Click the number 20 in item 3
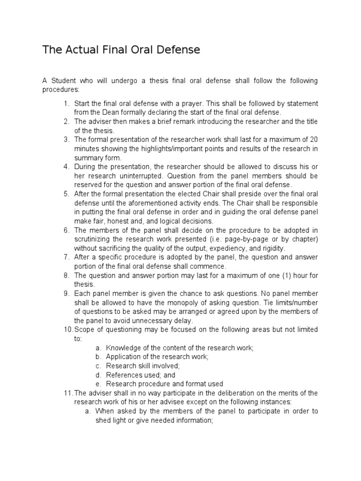click(314, 140)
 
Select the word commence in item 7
click(204, 266)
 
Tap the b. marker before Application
click(98, 357)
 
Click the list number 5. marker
click(66, 194)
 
